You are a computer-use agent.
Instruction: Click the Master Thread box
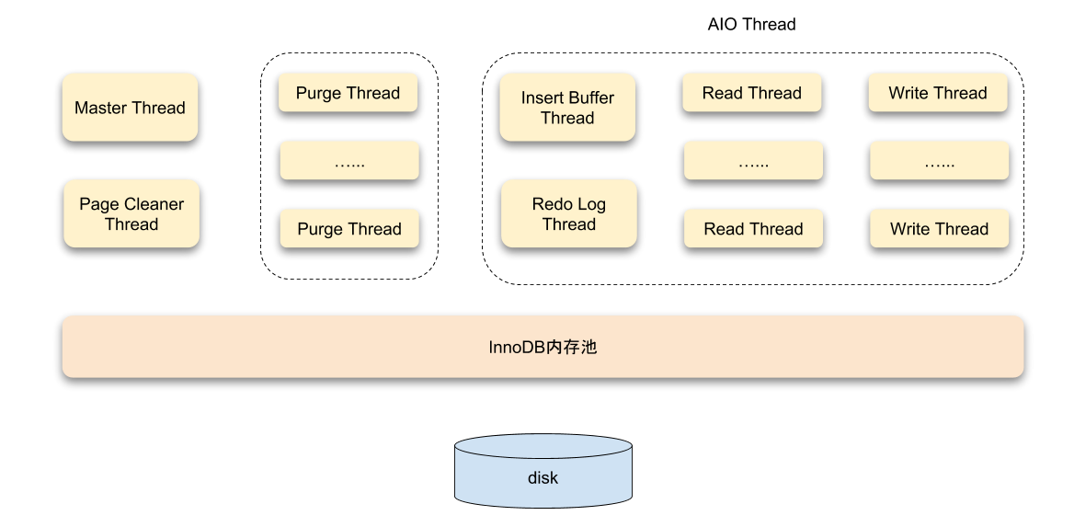click(x=130, y=108)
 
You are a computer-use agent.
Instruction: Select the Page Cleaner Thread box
click(x=131, y=213)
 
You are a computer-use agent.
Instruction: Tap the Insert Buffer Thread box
click(x=567, y=108)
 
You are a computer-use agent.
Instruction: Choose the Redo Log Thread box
click(x=569, y=213)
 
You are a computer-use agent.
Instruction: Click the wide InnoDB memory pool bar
click(x=543, y=347)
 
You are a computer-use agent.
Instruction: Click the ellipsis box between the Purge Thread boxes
click(x=349, y=161)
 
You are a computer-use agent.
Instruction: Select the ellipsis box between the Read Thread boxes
click(x=753, y=161)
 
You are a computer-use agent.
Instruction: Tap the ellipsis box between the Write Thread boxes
click(x=939, y=161)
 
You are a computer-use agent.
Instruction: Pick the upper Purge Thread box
click(x=348, y=93)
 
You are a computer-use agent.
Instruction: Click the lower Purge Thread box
click(x=349, y=229)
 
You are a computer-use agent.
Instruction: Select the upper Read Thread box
click(x=751, y=93)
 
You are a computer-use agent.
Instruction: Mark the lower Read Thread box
click(x=753, y=229)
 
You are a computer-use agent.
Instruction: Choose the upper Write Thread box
click(x=938, y=93)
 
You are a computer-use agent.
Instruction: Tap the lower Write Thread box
click(x=939, y=229)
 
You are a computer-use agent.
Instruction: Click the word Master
click(x=100, y=108)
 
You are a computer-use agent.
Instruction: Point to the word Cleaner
click(x=154, y=204)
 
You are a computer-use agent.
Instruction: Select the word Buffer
click(x=591, y=97)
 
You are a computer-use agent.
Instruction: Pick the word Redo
click(x=552, y=204)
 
